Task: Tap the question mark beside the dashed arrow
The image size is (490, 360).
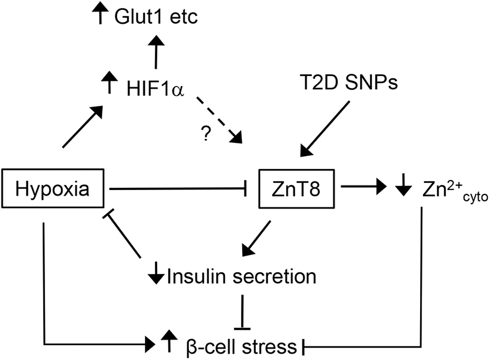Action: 205,133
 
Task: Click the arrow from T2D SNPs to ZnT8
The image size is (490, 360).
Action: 325,129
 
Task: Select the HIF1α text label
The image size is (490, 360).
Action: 155,89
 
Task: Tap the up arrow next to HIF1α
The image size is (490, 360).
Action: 109,82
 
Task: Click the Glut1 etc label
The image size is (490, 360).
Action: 156,16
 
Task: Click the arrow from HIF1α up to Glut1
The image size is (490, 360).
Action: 155,52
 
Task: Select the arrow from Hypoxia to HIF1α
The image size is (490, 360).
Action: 83,127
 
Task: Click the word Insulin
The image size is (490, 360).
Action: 196,277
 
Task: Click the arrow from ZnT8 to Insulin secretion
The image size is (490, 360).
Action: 256,239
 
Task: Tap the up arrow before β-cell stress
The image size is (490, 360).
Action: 169,341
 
